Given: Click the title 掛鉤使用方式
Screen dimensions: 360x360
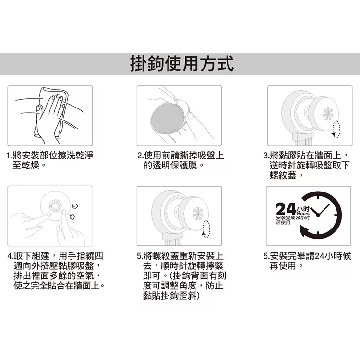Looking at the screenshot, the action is click(182, 63).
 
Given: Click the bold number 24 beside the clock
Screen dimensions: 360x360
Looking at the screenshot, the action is click(286, 209).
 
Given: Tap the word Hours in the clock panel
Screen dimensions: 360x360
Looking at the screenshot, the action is click(303, 214).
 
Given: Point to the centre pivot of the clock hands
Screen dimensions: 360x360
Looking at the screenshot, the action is click(318, 215).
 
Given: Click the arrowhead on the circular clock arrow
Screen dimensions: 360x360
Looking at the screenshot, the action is click(303, 232).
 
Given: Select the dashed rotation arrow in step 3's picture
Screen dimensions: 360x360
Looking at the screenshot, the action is click(336, 130).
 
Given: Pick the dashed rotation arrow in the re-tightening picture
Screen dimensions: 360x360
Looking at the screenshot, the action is click(206, 229).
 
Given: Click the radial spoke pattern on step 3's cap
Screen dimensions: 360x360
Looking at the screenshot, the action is click(328, 114).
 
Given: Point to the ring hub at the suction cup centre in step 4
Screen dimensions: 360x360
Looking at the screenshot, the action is click(55, 205).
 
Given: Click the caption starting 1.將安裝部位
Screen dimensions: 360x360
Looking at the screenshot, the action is click(50, 160).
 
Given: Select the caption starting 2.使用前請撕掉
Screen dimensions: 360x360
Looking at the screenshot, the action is click(180, 160).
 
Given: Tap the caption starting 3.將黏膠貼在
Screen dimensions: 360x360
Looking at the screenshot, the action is click(307, 165).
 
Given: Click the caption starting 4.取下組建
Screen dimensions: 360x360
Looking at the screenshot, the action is click(56, 271).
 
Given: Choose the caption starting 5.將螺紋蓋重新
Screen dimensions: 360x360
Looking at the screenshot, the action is click(181, 276).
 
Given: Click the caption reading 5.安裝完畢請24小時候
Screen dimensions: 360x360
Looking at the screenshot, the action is click(307, 261).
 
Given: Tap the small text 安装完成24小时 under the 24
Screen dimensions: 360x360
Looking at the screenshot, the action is click(293, 217).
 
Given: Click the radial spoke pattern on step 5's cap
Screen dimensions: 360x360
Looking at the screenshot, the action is click(198, 213).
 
